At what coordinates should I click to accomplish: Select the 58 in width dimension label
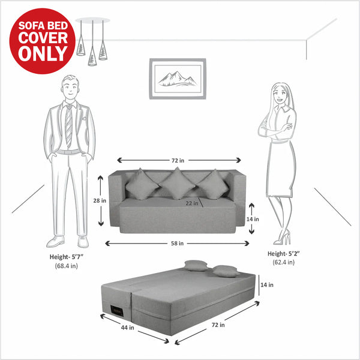177,243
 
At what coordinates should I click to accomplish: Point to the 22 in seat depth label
191,203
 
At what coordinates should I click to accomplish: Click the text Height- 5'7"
65,256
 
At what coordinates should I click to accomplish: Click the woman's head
280,94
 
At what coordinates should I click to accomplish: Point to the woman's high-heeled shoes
282,239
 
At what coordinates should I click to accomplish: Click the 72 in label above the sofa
178,160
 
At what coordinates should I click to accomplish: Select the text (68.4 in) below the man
65,265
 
